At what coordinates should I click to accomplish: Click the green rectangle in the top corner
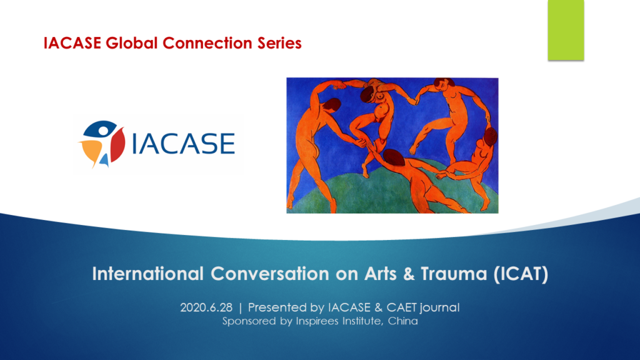tap(566, 30)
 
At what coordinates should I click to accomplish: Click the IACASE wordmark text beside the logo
tap(183, 143)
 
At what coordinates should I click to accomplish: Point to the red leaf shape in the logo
tap(117, 145)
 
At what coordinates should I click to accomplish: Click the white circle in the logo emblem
tap(102, 131)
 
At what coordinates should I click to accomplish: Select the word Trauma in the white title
tap(454, 274)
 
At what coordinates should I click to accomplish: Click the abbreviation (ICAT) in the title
tap(521, 274)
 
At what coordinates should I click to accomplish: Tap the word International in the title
tap(147, 274)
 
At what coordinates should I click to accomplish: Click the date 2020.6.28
tap(206, 307)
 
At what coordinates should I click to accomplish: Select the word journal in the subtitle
tap(439, 308)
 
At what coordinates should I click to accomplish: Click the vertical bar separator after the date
tap(241, 307)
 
